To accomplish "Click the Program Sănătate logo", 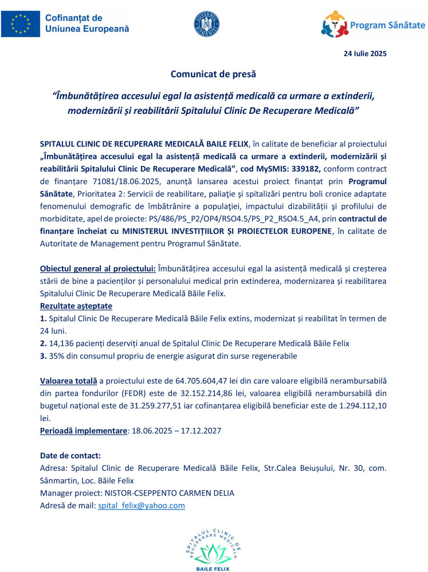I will coord(372,24).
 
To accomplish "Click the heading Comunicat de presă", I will coord(214,74).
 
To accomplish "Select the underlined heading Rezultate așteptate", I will coord(76,306).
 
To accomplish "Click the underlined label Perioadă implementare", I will coord(83,430).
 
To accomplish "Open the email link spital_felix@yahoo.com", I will coord(142,506).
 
